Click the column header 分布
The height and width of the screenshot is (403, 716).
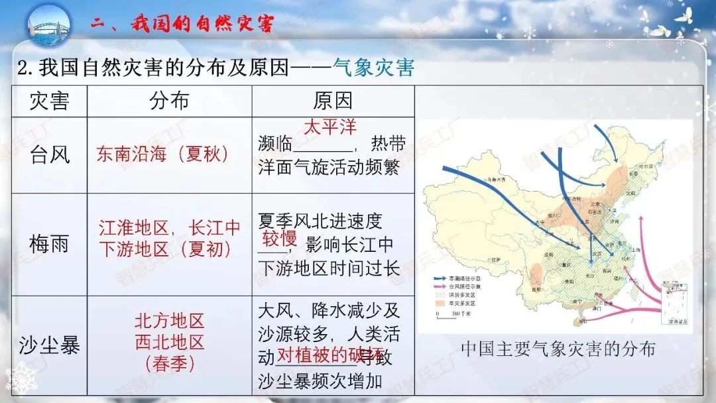pos(169,101)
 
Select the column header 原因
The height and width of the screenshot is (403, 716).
pos(333,101)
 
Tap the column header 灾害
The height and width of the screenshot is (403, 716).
pos(49,101)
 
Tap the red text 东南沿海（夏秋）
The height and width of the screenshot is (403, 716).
pos(162,154)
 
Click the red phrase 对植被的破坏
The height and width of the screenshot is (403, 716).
pos(329,355)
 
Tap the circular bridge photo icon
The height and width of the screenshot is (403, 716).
pos(49,25)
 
